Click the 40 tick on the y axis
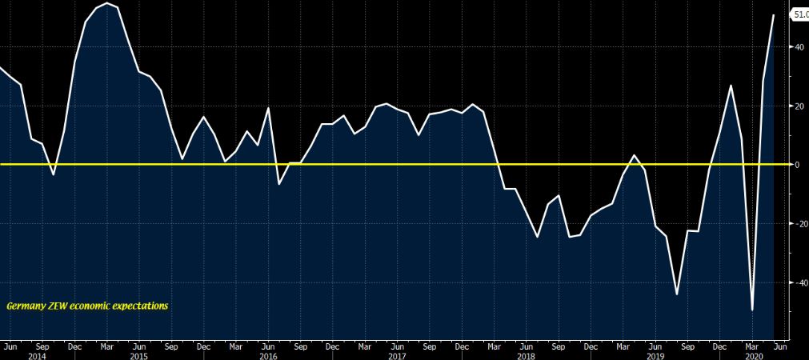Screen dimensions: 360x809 (x=799, y=46)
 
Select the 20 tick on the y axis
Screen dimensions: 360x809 (x=799, y=106)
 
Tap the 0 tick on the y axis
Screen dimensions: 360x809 (x=797, y=164)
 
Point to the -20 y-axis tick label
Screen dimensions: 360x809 (x=798, y=223)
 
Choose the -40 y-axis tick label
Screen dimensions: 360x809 (x=798, y=282)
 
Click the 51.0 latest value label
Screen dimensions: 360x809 (x=799, y=14)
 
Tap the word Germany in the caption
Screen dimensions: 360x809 (x=25, y=306)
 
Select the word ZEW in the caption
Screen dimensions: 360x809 (x=58, y=306)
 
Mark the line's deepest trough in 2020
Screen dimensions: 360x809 (x=752, y=310)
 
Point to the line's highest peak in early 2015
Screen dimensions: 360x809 (x=107, y=3)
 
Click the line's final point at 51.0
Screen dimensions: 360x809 (x=774, y=14)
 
